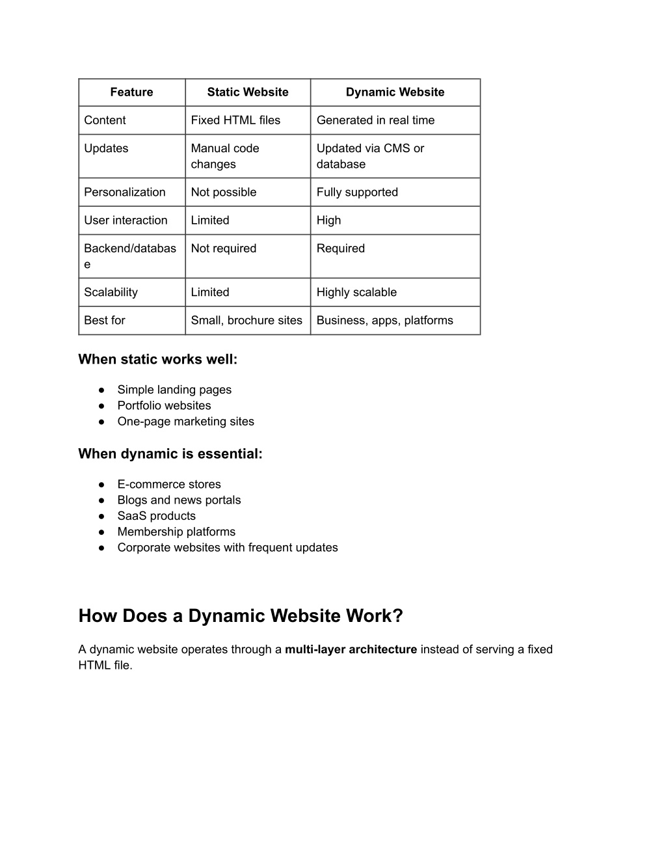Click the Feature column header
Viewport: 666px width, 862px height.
[131, 92]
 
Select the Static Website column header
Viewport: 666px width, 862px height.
[248, 92]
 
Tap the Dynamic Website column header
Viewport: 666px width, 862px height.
[395, 92]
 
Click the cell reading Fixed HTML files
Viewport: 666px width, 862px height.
[235, 120]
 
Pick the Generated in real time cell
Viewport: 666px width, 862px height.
[375, 120]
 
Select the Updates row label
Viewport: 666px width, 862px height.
[106, 148]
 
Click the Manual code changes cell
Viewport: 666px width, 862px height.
[225, 156]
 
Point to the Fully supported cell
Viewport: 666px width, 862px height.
[357, 193]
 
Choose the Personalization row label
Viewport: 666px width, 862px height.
[125, 193]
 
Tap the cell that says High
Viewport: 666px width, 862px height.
[328, 221]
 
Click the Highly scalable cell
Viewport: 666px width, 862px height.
[356, 293]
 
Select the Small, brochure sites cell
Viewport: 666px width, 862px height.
[246, 321]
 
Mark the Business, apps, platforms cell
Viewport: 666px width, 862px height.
[384, 321]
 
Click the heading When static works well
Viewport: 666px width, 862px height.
[158, 359]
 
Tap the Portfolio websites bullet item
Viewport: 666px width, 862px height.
[164, 406]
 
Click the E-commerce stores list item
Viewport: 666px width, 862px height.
[169, 485]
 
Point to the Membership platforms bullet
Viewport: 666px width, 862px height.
[176, 532]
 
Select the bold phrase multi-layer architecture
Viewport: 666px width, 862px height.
[351, 649]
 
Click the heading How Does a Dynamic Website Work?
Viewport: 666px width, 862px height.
[241, 616]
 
